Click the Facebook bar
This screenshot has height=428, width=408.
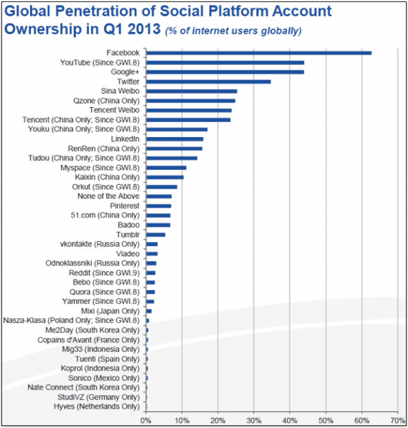pyautogui.click(x=259, y=53)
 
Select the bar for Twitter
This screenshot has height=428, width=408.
pyautogui.click(x=209, y=81)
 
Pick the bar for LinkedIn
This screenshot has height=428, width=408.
pyautogui.click(x=174, y=139)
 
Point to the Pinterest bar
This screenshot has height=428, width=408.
pyautogui.click(x=159, y=206)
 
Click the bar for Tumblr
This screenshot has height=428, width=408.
pyautogui.click(x=156, y=235)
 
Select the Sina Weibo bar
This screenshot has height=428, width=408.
pyautogui.click(x=192, y=91)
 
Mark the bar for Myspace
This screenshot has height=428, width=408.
pyautogui.click(x=166, y=168)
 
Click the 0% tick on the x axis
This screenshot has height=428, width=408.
pyautogui.click(x=146, y=420)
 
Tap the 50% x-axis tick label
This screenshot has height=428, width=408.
pyautogui.click(x=326, y=420)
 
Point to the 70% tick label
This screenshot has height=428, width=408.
pyautogui.click(x=398, y=420)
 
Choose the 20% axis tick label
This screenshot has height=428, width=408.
pyautogui.click(x=218, y=420)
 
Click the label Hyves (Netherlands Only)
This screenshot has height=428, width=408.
pyautogui.click(x=97, y=407)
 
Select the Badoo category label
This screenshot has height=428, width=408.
pyautogui.click(x=129, y=225)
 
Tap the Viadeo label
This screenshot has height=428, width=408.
pyautogui.click(x=128, y=253)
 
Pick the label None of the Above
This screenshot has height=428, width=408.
pyautogui.click(x=108, y=196)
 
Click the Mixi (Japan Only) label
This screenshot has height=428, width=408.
pyautogui.click(x=110, y=311)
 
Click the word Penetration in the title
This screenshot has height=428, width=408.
pyautogui.click(x=103, y=11)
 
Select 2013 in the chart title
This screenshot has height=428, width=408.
pyautogui.click(x=144, y=29)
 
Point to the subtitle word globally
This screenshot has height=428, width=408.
pyautogui.click(x=281, y=31)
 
